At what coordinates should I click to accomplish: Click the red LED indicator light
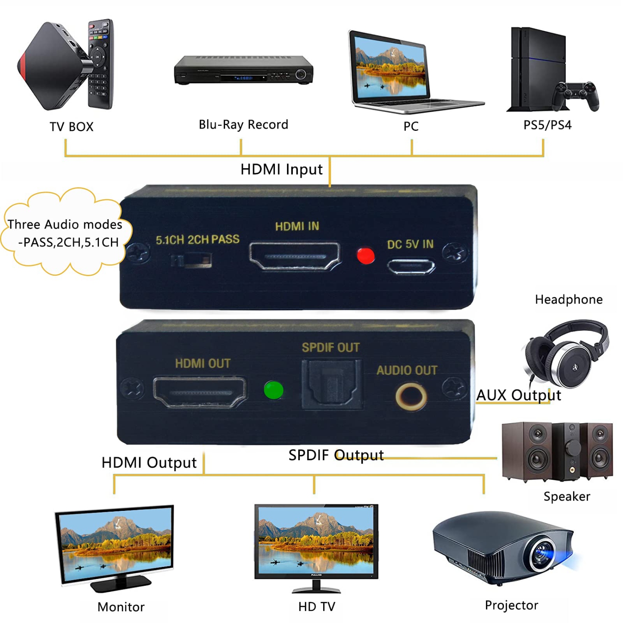pos(365,256)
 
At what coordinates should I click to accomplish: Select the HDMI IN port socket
pos(295,256)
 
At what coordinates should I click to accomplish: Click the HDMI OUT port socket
pos(200,392)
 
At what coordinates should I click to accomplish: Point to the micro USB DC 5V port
pos(411,267)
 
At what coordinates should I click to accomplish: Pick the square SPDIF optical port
pos(331,385)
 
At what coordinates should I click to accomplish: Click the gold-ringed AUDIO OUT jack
pos(411,396)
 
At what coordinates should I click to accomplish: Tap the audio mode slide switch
pos(191,261)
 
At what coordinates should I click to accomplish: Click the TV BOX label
pos(71,127)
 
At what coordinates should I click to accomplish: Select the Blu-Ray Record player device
pos(243,70)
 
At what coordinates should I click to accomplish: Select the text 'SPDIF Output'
pos(336,455)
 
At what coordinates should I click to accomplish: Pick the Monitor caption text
pos(121,607)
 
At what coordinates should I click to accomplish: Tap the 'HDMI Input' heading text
pos(281,169)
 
